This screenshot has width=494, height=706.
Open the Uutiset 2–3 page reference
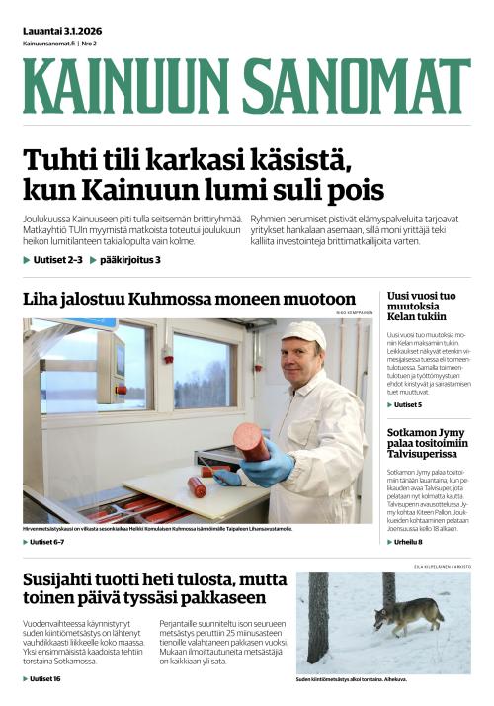[x=55, y=260]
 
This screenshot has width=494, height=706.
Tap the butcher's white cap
[x=303, y=333]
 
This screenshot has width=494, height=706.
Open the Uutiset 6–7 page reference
[x=47, y=542]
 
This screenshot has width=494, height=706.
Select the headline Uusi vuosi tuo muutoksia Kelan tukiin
[x=422, y=307]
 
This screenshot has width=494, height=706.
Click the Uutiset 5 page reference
[x=408, y=405]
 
